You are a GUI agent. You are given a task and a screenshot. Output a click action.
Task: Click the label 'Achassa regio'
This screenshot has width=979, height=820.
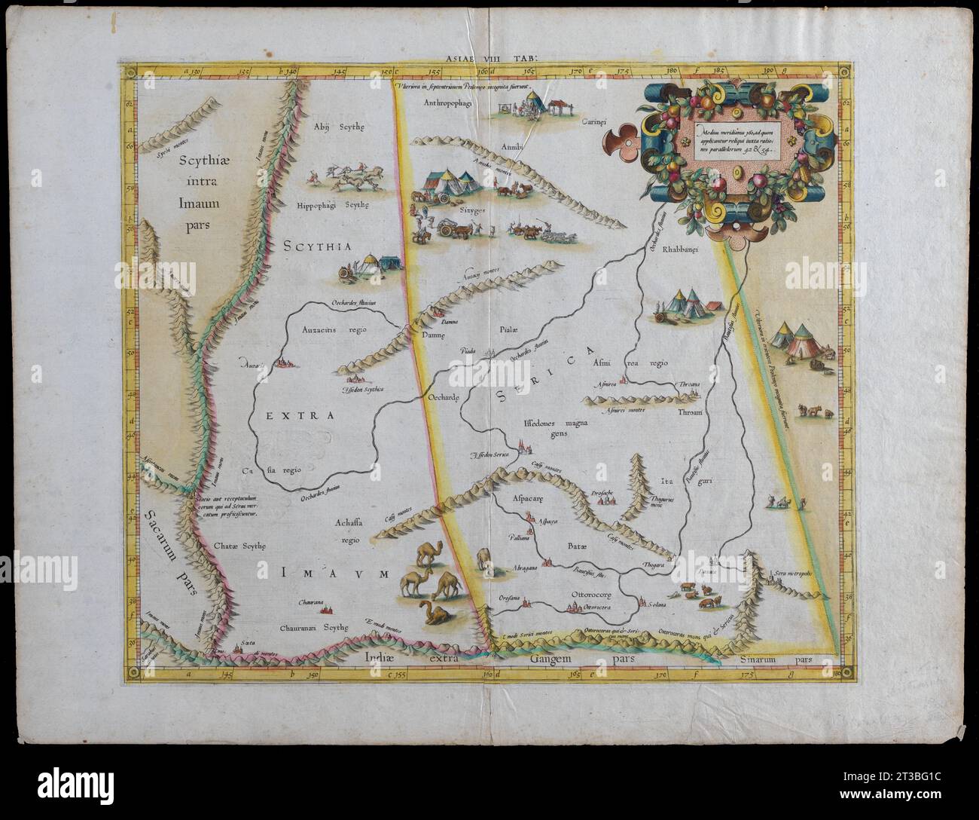click(350, 529)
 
